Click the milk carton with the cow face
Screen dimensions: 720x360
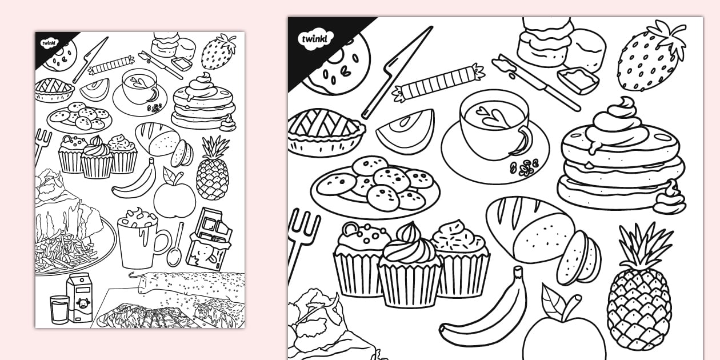[x=79, y=298]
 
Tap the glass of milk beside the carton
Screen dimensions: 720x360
[x=59, y=309]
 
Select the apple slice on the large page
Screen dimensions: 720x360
[x=406, y=132]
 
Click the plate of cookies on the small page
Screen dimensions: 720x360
[x=79, y=118]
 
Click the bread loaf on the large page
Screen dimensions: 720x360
[x=530, y=230]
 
